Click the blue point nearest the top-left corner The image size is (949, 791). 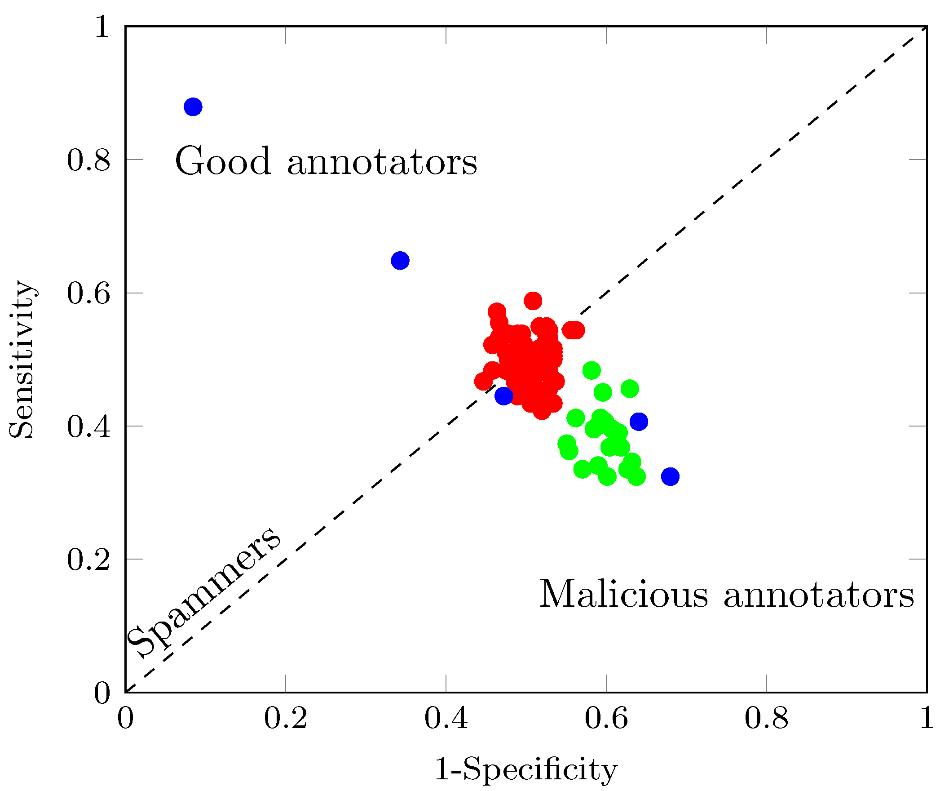point(193,107)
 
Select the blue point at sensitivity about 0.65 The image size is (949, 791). point(400,261)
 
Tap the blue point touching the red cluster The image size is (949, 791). point(503,396)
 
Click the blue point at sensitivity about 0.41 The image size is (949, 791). point(639,422)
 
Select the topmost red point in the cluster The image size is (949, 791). point(533,301)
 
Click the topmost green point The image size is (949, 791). point(591,370)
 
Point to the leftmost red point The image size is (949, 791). point(484,381)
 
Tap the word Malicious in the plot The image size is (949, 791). point(624,594)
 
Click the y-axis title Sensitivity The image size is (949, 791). point(21,360)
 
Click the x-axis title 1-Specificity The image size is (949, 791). point(525,770)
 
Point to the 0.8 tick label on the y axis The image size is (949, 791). point(88,160)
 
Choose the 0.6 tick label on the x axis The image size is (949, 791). point(606,718)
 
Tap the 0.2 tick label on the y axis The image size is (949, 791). point(88,560)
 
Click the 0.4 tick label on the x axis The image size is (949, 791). point(446,718)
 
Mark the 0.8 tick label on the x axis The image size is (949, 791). point(766,718)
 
